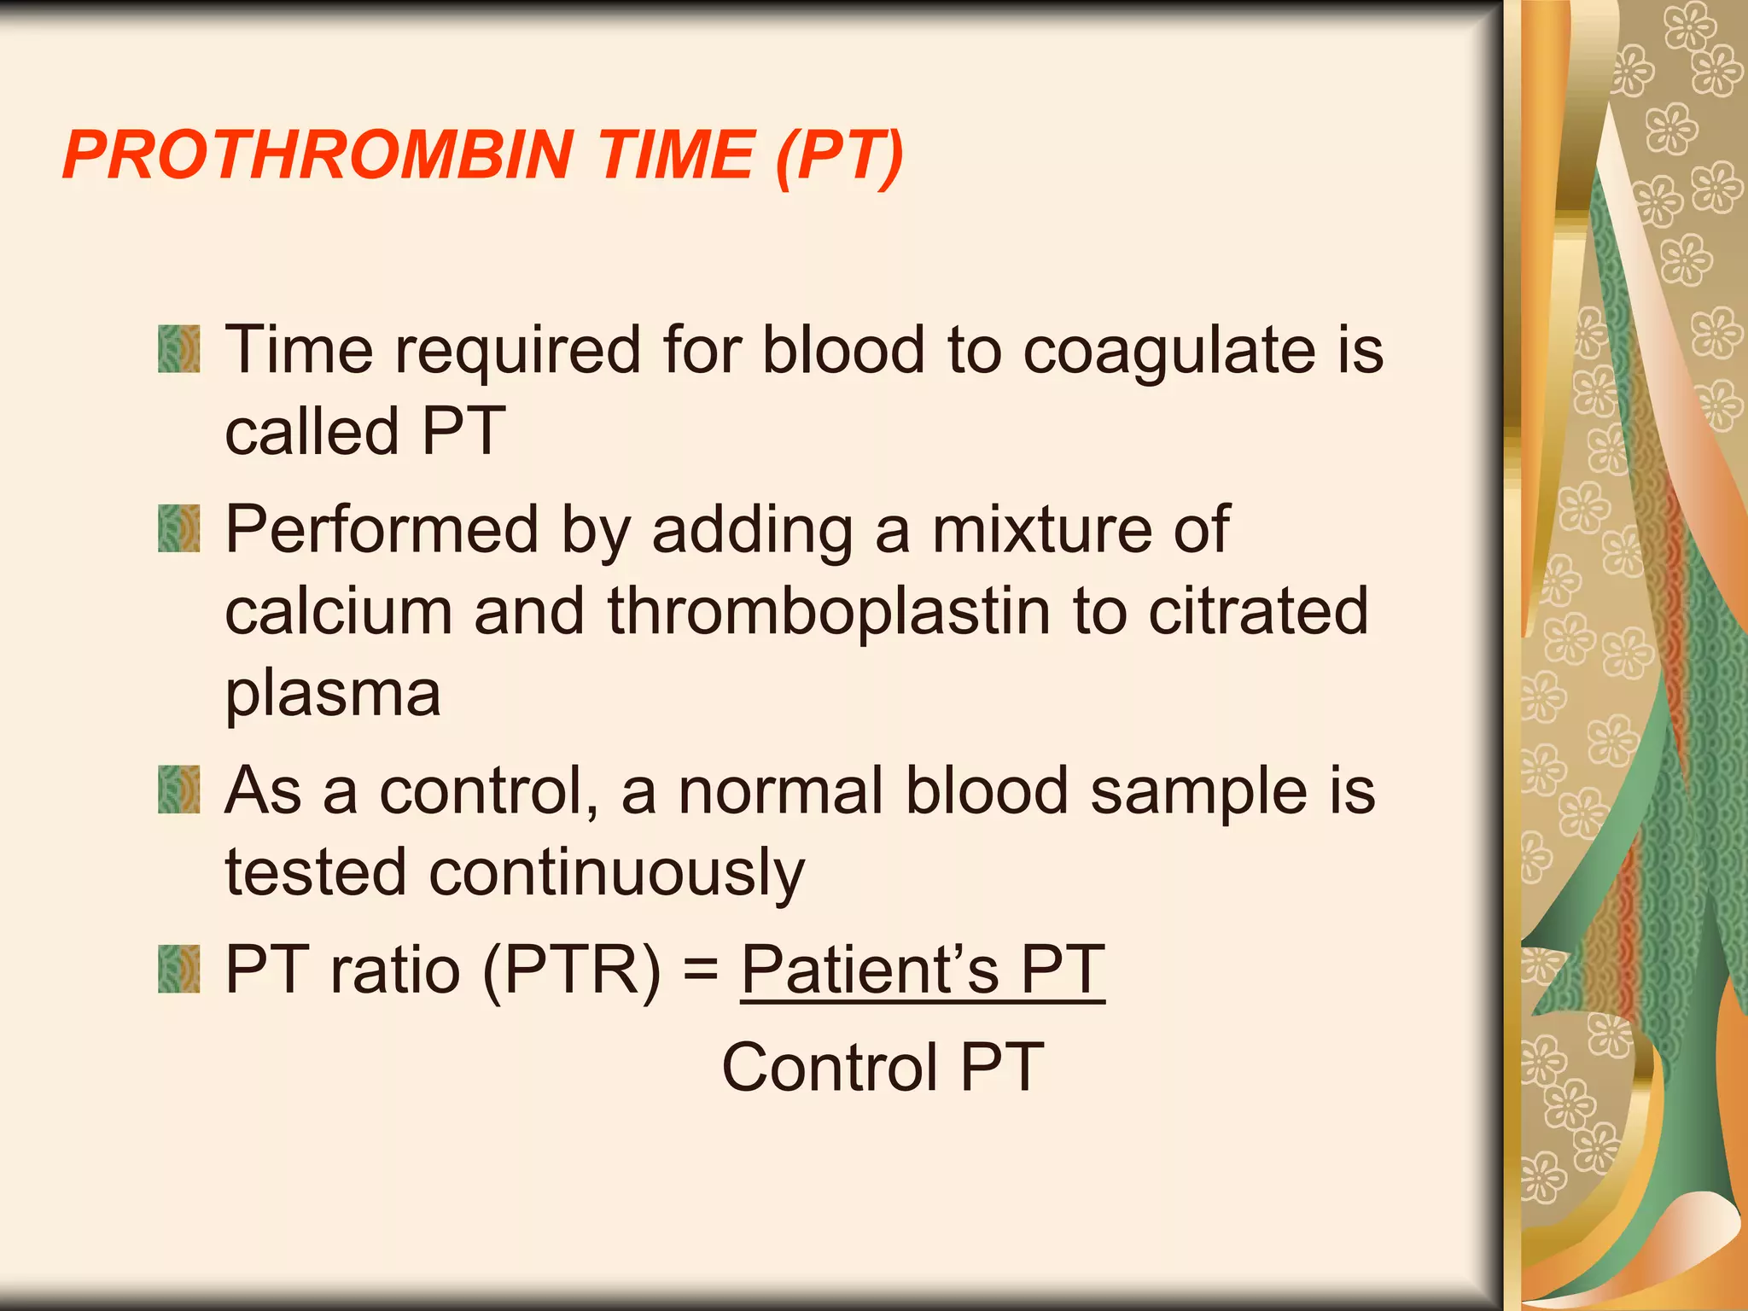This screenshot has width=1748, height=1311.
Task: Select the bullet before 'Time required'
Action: pyautogui.click(x=178, y=349)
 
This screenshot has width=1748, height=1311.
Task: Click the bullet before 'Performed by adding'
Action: pyautogui.click(x=178, y=528)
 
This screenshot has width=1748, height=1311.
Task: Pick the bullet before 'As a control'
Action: pyautogui.click(x=178, y=790)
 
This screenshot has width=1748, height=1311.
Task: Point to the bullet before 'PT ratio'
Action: pyautogui.click(x=178, y=970)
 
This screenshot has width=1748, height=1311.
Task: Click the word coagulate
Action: pyautogui.click(x=1170, y=352)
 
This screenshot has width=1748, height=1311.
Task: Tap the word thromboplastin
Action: pyautogui.click(x=828, y=612)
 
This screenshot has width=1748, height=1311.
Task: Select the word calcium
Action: pyautogui.click(x=338, y=612)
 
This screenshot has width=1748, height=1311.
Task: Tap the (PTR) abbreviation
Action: pyautogui.click(x=571, y=970)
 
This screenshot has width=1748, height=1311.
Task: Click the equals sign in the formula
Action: pyautogui.click(x=701, y=972)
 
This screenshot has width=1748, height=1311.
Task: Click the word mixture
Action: pyautogui.click(x=1040, y=529)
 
